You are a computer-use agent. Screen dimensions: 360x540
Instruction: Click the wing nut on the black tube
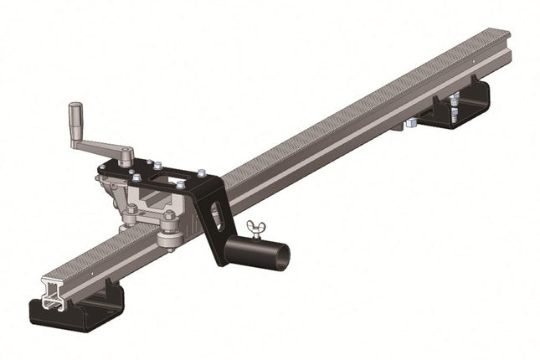(x=252, y=228)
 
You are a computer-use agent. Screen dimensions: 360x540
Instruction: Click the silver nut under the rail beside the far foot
(x=411, y=123)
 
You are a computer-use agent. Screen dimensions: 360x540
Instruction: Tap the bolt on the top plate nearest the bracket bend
(x=201, y=173)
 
